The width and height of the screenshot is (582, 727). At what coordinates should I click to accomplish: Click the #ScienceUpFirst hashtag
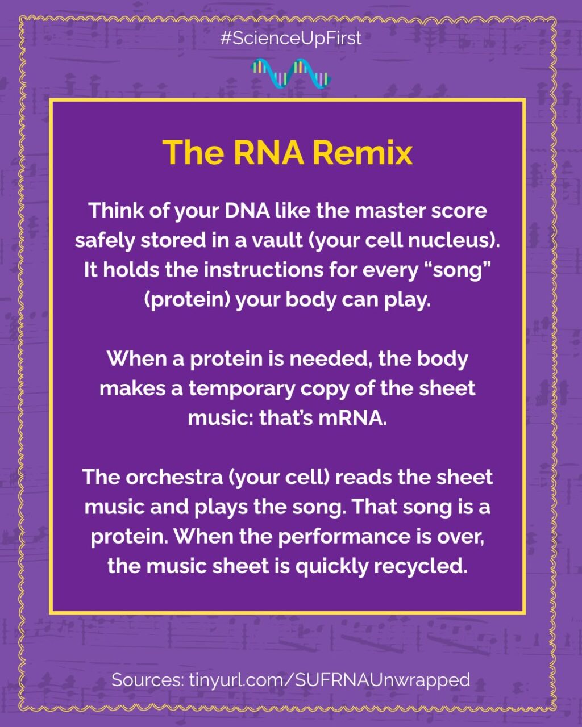pos(291,38)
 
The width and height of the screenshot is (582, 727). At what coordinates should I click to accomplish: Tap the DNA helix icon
pos(291,74)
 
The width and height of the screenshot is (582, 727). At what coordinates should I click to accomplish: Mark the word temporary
pos(242,389)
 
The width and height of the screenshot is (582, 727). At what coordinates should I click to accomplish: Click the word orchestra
pos(174,477)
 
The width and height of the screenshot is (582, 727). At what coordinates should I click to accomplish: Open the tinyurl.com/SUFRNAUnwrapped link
pos(330,680)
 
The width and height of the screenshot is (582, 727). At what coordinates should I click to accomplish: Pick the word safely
pos(105,241)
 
